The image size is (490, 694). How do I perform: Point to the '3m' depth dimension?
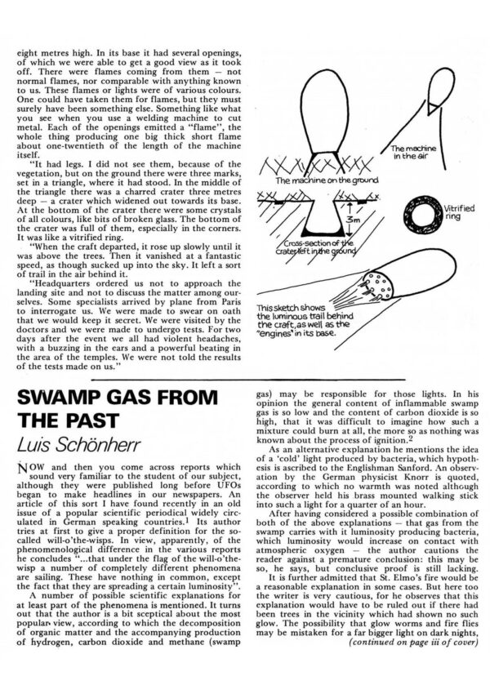pos(349,219)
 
